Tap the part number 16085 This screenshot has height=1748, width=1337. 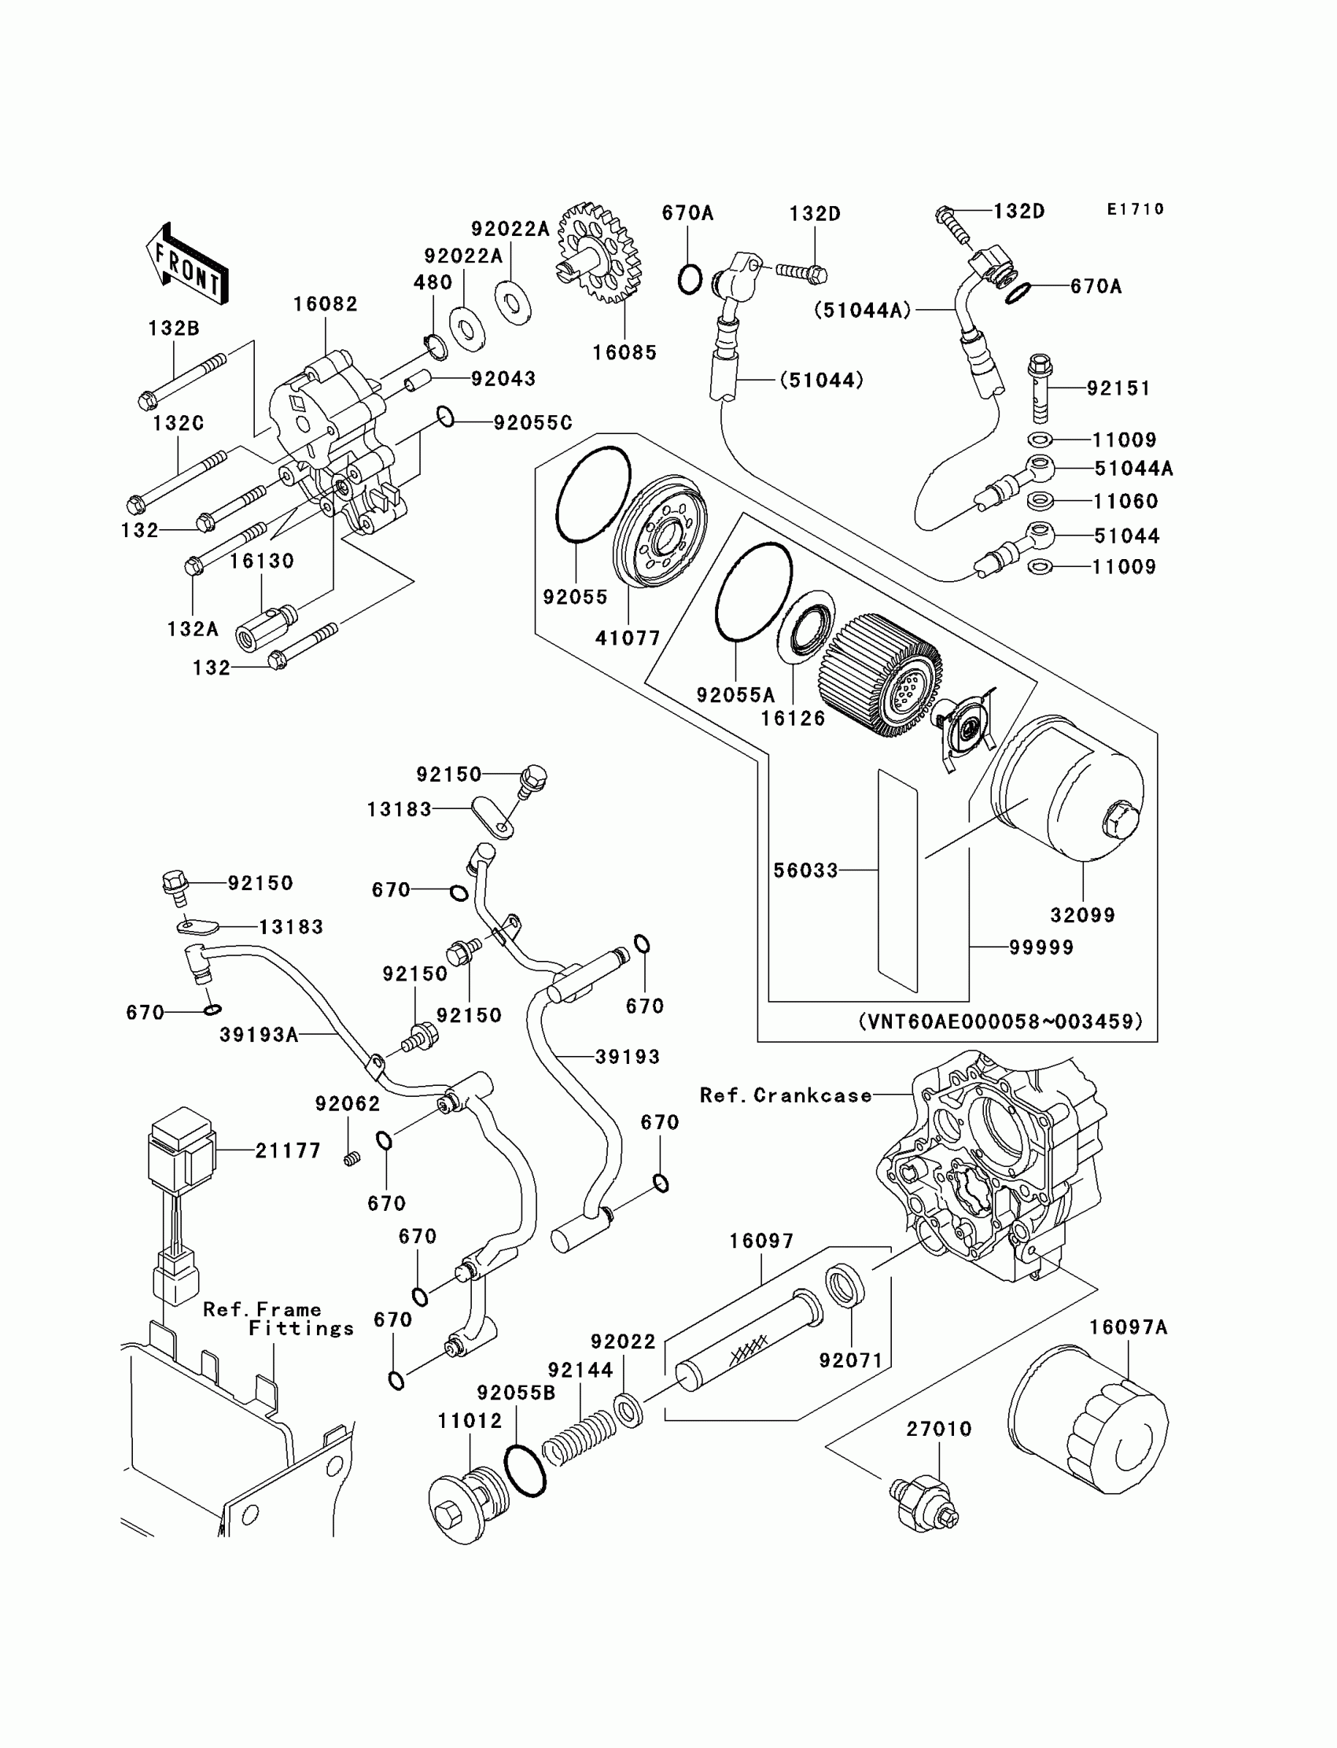click(624, 353)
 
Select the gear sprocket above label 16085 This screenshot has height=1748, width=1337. click(599, 253)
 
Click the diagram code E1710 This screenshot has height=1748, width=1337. click(1136, 209)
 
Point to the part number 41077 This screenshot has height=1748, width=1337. click(628, 638)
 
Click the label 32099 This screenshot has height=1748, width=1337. click(1082, 915)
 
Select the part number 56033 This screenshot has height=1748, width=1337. click(805, 870)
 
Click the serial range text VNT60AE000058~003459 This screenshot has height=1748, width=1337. click(1000, 1021)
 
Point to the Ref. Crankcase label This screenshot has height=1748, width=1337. click(786, 1095)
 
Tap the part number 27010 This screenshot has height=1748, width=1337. click(939, 1429)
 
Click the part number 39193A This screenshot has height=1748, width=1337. click(259, 1034)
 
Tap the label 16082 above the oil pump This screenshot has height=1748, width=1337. click(326, 304)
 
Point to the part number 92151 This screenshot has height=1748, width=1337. click(1118, 388)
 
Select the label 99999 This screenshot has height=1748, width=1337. click(1041, 948)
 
